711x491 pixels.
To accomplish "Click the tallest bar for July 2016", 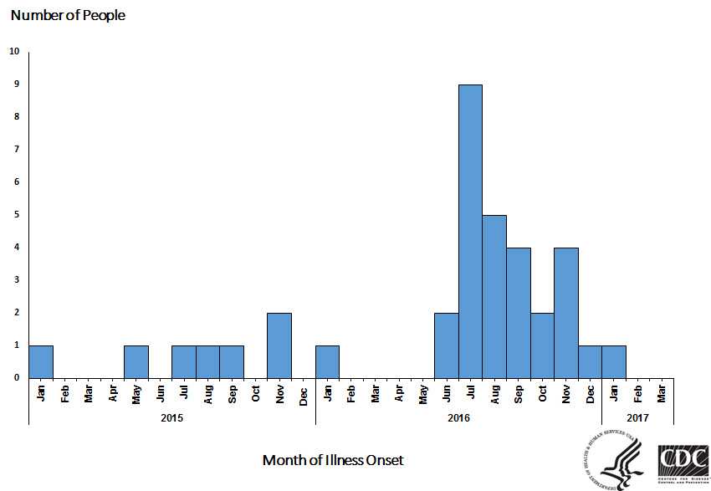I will [470, 231].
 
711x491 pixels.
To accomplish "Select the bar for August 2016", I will [494, 296].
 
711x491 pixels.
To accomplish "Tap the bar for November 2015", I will [279, 345].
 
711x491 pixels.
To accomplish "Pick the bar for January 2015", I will [41, 361].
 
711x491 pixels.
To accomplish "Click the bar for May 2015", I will [136, 361].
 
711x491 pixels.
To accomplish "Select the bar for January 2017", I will [613, 361].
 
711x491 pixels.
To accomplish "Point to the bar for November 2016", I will [565, 312].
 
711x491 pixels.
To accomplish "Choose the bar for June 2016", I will [447, 345].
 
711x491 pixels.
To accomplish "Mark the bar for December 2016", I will [590, 361].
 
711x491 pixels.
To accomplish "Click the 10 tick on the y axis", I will [14, 51].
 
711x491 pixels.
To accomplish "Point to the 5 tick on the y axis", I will [14, 214].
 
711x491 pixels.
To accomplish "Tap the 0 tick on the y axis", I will [14, 377].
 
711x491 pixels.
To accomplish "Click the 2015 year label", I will [171, 416].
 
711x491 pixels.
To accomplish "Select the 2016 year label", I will [458, 416].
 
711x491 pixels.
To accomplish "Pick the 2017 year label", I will [637, 416].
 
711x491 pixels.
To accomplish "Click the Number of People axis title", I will [68, 15].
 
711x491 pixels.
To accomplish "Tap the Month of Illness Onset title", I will [333, 460].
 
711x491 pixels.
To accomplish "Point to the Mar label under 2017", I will [662, 393].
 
